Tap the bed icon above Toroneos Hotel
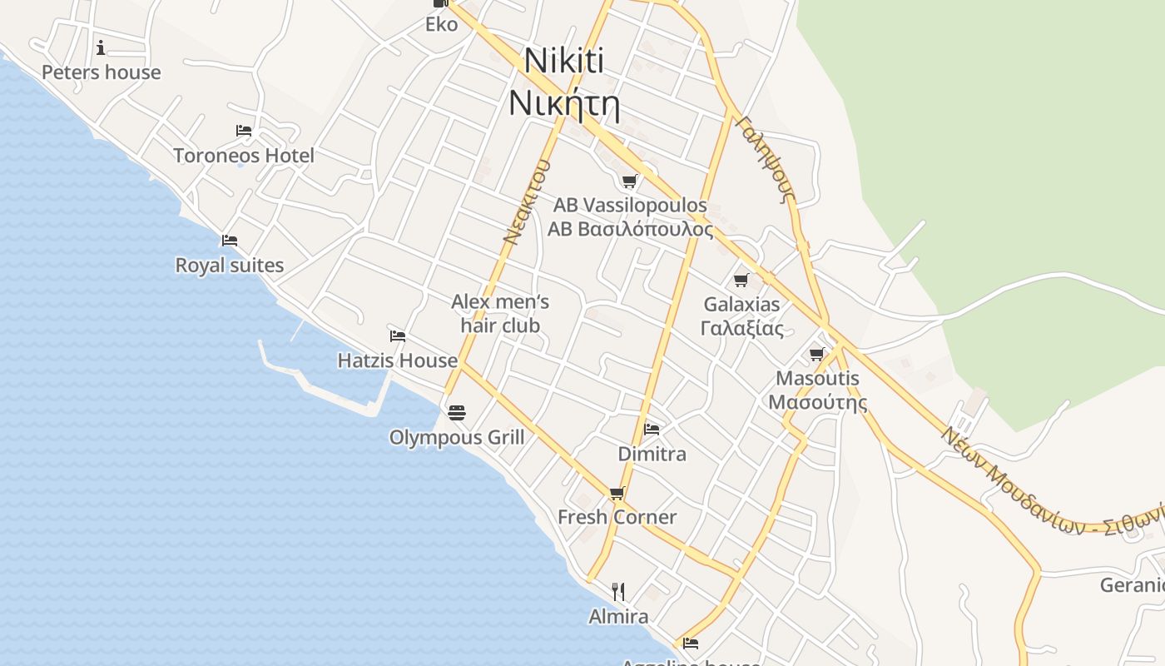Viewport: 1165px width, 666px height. click(244, 131)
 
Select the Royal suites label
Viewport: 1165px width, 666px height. click(229, 266)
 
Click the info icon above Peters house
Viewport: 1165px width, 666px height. click(101, 47)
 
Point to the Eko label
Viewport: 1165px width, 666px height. click(441, 24)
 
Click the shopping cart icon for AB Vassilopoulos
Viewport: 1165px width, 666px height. click(630, 181)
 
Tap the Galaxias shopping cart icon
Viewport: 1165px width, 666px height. click(741, 280)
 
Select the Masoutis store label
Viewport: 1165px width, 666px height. click(817, 390)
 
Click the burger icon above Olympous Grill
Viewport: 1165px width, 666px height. click(456, 412)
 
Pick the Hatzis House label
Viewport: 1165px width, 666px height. click(397, 360)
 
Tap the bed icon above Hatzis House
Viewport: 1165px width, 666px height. click(398, 336)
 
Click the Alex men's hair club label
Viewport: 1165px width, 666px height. click(500, 313)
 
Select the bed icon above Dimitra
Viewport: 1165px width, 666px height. click(652, 430)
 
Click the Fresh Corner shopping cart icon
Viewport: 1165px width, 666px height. click(617, 493)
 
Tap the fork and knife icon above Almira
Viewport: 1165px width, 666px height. click(618, 592)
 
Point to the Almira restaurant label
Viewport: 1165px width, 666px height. click(618, 617)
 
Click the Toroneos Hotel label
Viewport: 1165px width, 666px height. click(244, 156)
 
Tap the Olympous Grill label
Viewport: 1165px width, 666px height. click(457, 437)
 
